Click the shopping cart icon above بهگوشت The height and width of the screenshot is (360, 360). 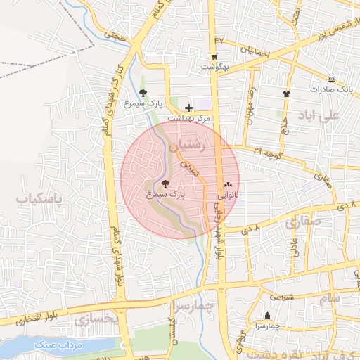(214, 56)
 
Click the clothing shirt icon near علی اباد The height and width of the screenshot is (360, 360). (286, 93)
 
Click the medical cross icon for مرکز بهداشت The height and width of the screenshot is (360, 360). (188, 108)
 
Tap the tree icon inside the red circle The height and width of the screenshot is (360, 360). (165, 184)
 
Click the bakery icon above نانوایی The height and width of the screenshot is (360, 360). (227, 185)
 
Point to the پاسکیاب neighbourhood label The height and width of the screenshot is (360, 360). (39, 199)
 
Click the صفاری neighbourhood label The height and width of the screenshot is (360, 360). (303, 223)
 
